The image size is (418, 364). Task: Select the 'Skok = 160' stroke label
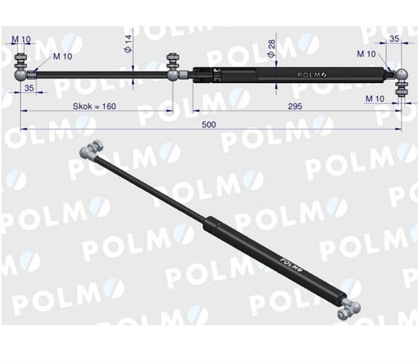point(95,106)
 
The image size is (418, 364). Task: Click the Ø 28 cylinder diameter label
point(272,49)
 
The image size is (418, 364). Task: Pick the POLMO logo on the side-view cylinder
point(312,74)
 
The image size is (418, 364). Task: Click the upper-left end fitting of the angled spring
point(91,151)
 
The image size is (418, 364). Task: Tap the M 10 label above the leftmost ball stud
point(21,38)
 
